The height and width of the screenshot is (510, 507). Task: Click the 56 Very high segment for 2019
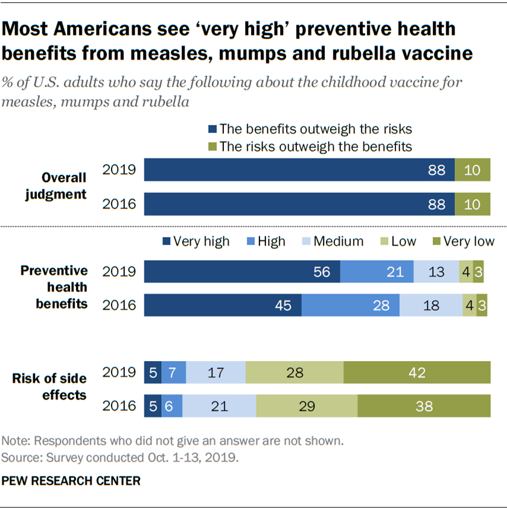point(241,272)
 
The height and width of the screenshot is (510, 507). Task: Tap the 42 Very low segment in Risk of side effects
point(416,372)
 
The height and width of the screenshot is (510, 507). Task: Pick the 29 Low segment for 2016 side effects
point(307,406)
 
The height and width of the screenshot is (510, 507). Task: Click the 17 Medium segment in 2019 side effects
point(215,372)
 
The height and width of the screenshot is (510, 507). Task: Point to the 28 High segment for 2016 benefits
point(350,305)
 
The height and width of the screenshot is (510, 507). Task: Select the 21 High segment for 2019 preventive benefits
point(377,272)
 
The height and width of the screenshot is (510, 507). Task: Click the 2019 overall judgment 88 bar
point(299,171)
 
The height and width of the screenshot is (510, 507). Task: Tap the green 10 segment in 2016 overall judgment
point(472,204)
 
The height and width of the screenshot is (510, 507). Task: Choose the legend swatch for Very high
point(167,242)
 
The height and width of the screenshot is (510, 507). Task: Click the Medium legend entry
point(336,242)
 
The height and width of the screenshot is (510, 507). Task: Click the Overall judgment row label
point(64,186)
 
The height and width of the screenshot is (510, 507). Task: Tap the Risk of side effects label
point(49,386)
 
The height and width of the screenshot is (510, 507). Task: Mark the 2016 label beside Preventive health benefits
point(120,305)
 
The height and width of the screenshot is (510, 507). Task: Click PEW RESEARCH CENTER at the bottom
point(71,481)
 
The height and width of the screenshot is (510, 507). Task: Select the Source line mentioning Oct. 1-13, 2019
point(121,458)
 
